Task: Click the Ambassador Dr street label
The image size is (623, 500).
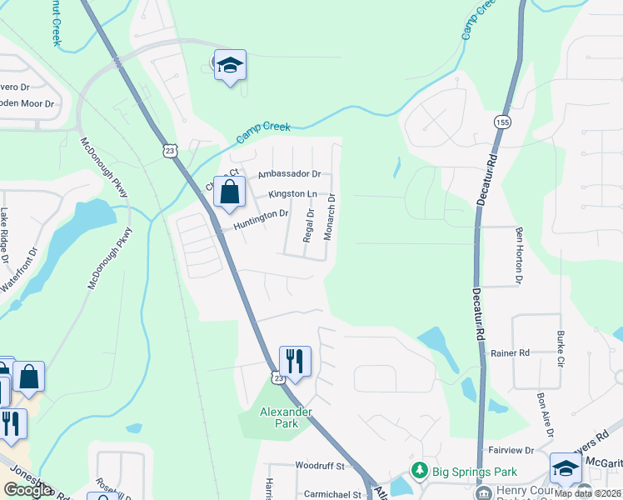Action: click(x=289, y=174)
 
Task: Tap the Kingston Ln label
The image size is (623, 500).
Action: click(x=292, y=194)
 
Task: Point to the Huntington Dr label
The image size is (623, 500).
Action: click(x=261, y=214)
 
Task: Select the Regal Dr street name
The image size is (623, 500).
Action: click(x=310, y=225)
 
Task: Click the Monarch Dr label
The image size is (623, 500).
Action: click(x=330, y=217)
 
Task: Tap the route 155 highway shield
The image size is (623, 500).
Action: click(x=503, y=122)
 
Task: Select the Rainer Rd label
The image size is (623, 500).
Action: click(x=511, y=353)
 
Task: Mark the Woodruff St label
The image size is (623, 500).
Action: click(x=319, y=465)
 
